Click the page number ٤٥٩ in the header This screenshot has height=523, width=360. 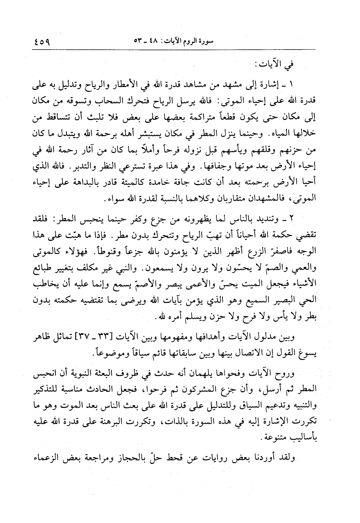(42, 41)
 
